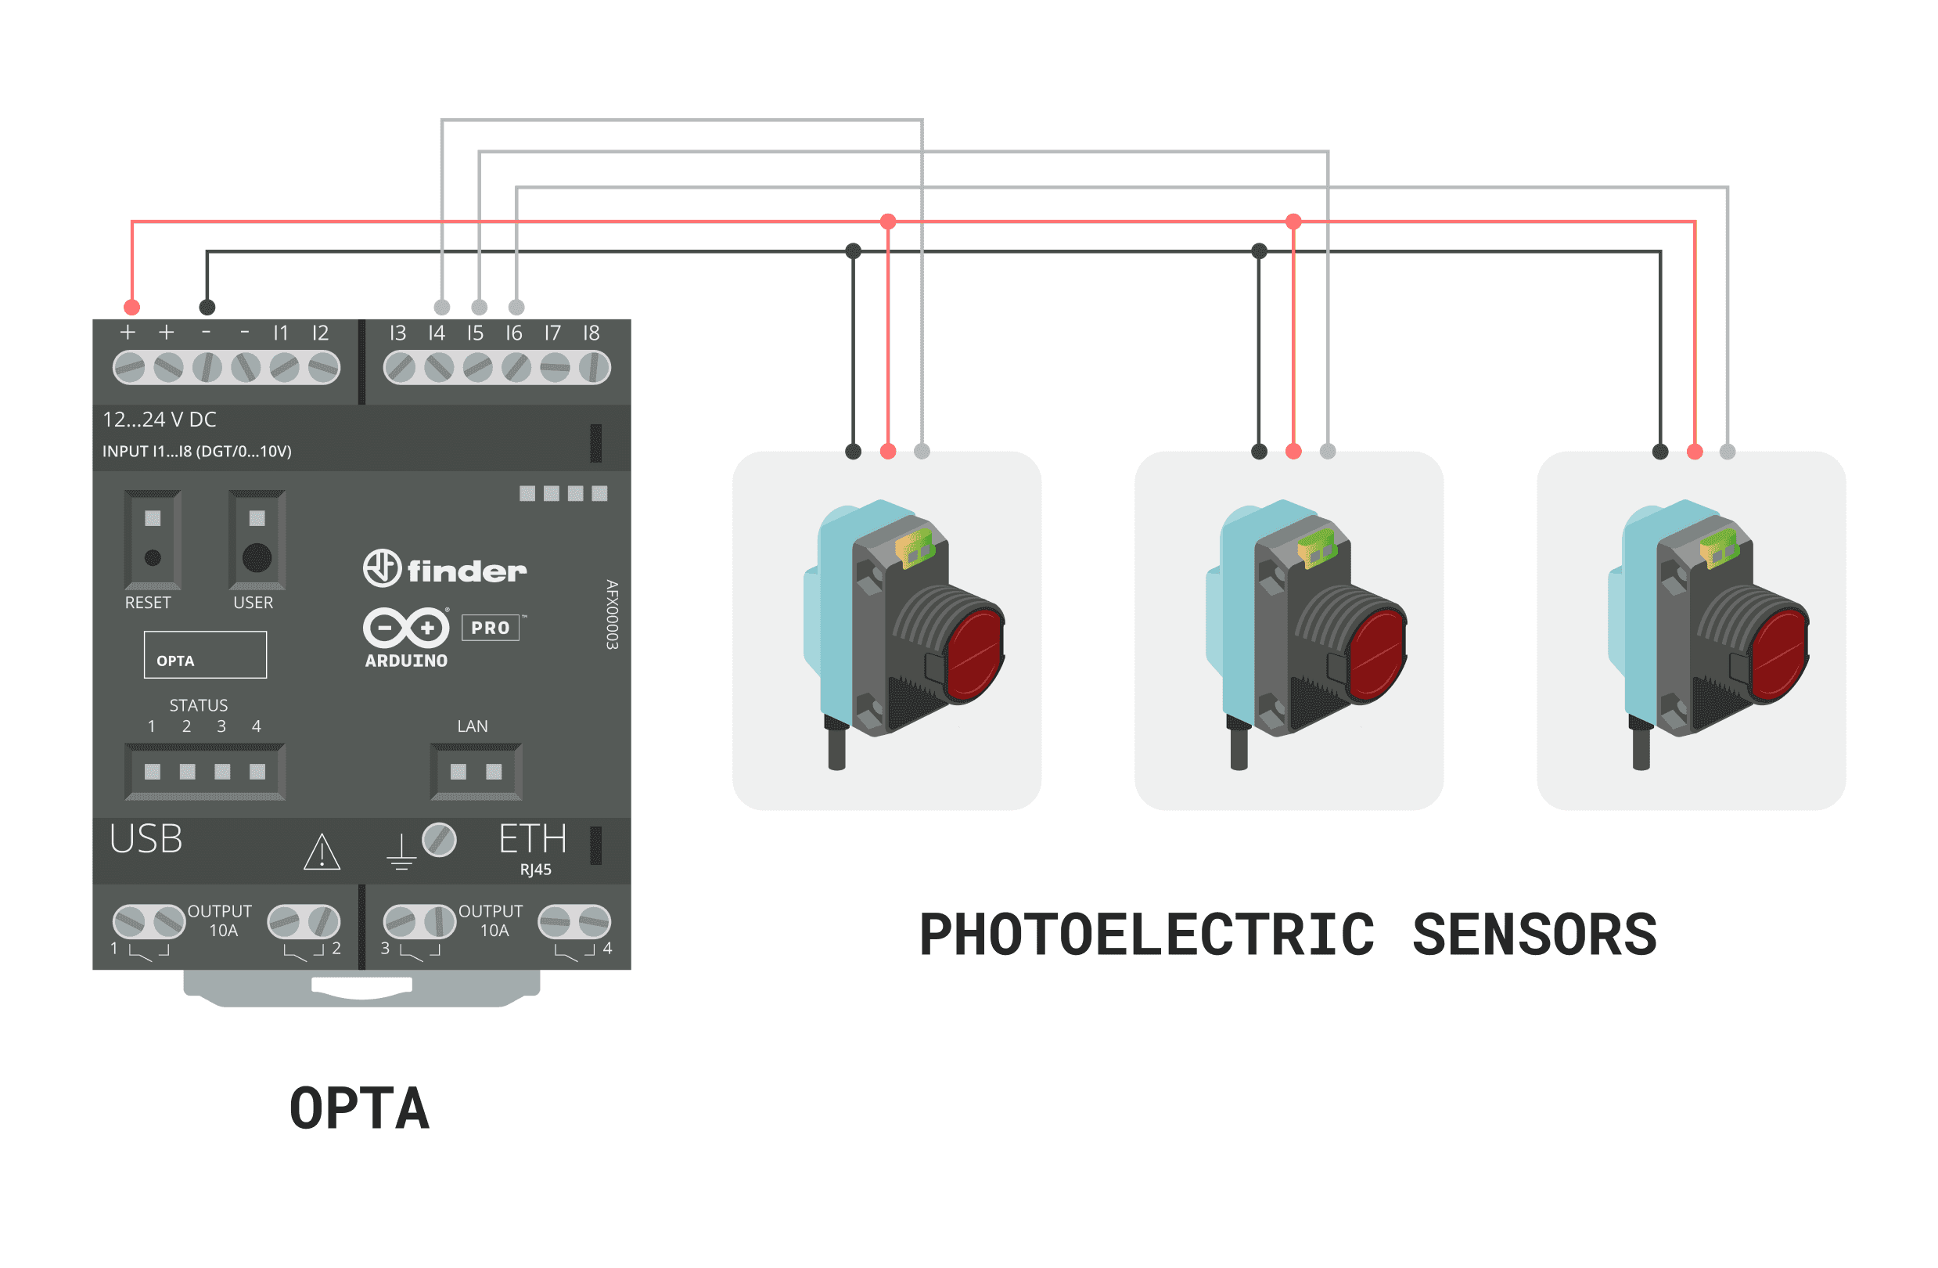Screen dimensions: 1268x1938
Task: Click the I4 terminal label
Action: pyautogui.click(x=437, y=333)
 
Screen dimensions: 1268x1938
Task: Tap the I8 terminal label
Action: pyautogui.click(x=591, y=333)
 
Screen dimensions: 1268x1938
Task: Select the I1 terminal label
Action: pyautogui.click(x=280, y=333)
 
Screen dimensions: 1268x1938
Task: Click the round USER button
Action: pyautogui.click(x=257, y=558)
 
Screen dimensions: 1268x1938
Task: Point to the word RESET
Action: pyautogui.click(x=147, y=603)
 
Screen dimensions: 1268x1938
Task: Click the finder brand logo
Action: pyautogui.click(x=444, y=568)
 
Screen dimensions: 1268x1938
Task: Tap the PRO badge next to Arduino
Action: pyautogui.click(x=491, y=628)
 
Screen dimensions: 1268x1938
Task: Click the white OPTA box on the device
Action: pyautogui.click(x=205, y=655)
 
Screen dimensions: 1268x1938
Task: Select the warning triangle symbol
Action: pyautogui.click(x=322, y=852)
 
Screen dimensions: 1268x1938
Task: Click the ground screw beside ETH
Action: pyautogui.click(x=439, y=840)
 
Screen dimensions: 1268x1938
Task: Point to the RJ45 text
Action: pyautogui.click(x=536, y=870)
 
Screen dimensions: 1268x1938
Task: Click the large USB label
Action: pyautogui.click(x=146, y=839)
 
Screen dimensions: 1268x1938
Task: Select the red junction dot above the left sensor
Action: pyautogui.click(x=888, y=222)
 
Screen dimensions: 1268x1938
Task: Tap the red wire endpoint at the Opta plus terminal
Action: pyautogui.click(x=132, y=307)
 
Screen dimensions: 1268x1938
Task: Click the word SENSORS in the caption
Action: pyautogui.click(x=1534, y=934)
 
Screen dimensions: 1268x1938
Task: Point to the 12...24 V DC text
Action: pyautogui.click(x=160, y=420)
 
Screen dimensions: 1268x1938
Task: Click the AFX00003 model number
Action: pyautogui.click(x=613, y=614)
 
